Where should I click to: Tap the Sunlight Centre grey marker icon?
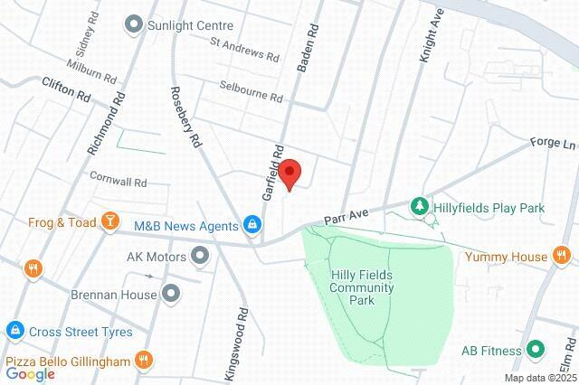click(134, 25)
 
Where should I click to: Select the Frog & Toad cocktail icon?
click(109, 221)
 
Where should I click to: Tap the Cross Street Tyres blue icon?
click(14, 332)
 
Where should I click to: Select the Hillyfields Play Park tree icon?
click(420, 207)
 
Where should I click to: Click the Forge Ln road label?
click(555, 145)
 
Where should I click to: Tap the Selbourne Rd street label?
click(251, 91)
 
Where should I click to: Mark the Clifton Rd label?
click(66, 88)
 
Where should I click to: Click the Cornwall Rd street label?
click(118, 181)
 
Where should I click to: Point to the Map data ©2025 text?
click(540, 378)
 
